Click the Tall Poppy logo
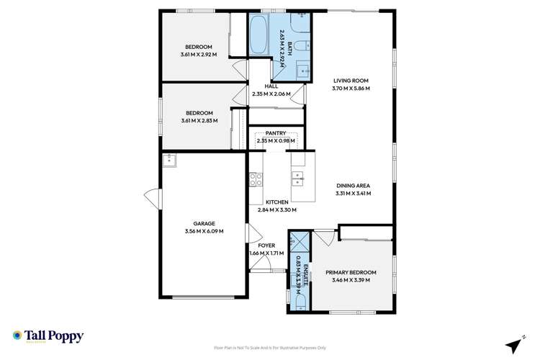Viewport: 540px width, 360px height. pos(48,336)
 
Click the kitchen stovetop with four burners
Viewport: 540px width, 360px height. pos(255,179)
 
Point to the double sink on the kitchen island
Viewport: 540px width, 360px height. pos(297,178)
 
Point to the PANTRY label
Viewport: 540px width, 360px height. pos(276,133)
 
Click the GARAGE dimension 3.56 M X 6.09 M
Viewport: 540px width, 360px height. pos(204,231)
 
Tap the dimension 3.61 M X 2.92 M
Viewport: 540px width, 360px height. pos(204,53)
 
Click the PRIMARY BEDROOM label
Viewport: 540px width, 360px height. pos(351,272)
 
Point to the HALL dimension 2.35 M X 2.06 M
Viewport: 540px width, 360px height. pos(271,94)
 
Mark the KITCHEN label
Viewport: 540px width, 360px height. pos(276,202)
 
